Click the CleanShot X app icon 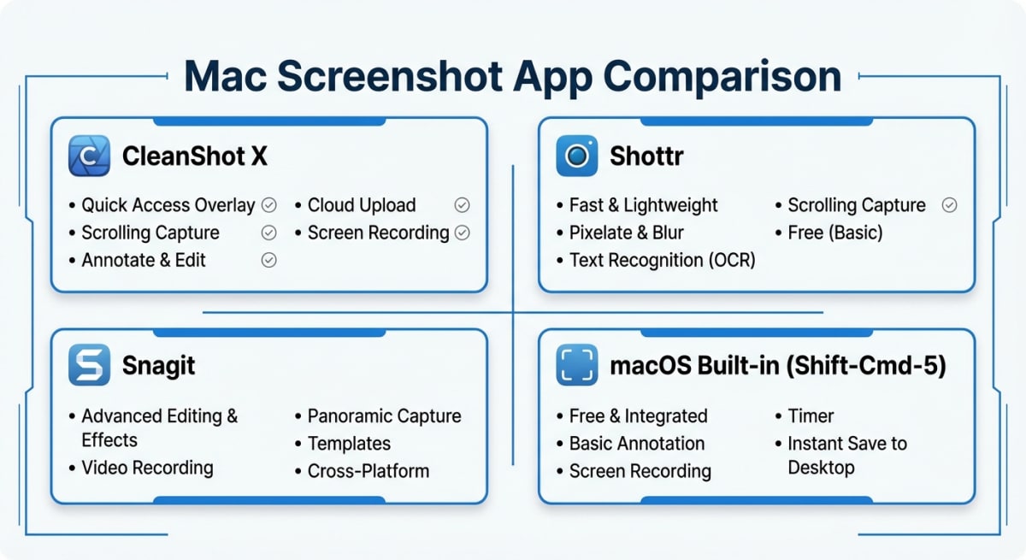[x=89, y=156]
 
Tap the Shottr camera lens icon [x=577, y=156]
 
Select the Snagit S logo [x=89, y=366]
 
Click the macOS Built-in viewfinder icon [x=577, y=366]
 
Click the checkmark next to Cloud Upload [x=462, y=205]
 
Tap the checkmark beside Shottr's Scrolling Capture [x=948, y=205]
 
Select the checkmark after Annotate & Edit [x=268, y=260]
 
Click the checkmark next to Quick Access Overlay [x=268, y=205]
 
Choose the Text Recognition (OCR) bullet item [x=662, y=260]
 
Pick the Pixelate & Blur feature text [x=627, y=233]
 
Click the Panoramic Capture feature [x=384, y=416]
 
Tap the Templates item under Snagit [x=349, y=444]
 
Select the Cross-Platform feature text [x=368, y=471]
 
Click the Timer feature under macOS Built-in [x=810, y=416]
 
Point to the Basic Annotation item [x=637, y=444]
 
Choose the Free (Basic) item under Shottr [x=834, y=233]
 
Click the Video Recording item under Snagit [x=147, y=468]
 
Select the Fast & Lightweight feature [x=643, y=205]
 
